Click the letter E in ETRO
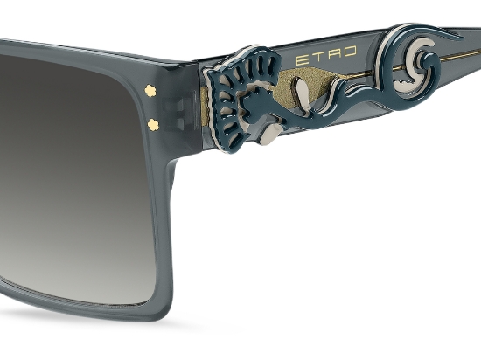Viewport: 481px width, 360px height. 302,60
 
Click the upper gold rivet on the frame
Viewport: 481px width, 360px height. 150,90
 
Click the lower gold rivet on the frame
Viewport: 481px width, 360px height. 152,124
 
